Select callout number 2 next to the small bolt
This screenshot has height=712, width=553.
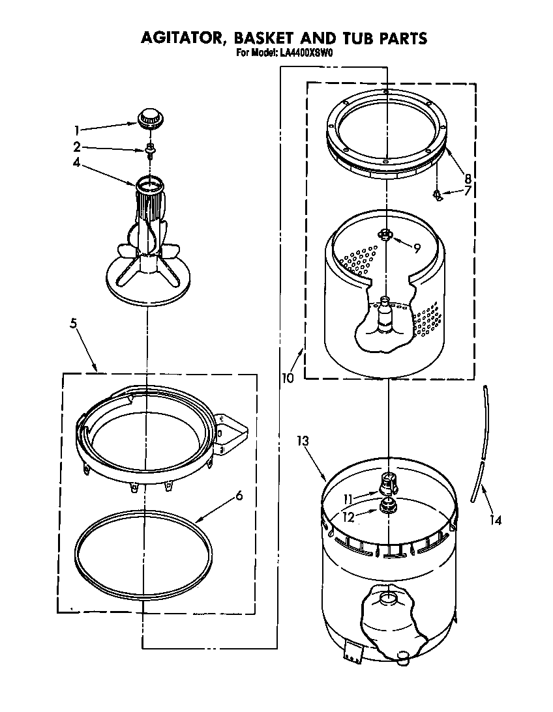(76, 147)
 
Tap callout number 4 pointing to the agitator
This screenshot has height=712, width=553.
(76, 164)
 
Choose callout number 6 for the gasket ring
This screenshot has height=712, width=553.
(239, 495)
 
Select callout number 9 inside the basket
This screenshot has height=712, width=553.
(416, 247)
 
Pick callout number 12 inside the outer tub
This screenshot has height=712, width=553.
(350, 517)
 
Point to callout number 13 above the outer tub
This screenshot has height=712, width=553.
(302, 441)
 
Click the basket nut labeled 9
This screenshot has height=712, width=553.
(386, 235)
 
